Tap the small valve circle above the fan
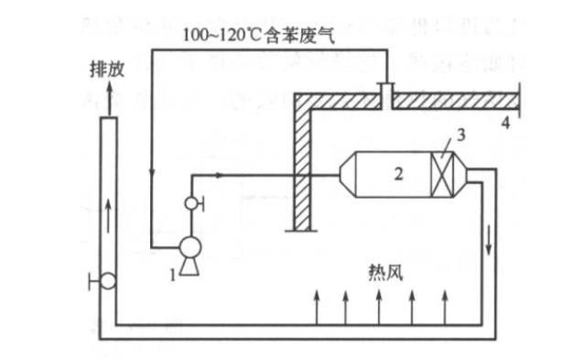coord(191,203)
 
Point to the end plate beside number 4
coord(519,98)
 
